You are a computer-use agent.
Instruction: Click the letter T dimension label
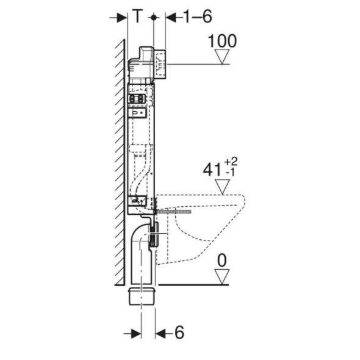[138, 16]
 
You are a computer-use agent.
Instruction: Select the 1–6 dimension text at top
[198, 16]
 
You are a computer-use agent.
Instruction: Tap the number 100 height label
[222, 41]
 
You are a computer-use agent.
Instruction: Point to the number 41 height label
[212, 170]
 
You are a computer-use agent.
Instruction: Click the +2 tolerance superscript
[231, 162]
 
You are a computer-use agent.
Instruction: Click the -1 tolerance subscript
[231, 173]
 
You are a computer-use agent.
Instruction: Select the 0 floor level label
[222, 260]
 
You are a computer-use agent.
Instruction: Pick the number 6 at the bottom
[179, 332]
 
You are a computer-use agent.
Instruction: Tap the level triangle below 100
[222, 57]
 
